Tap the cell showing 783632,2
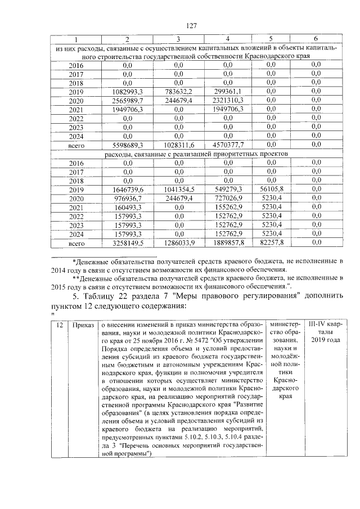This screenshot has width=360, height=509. [x=178, y=91]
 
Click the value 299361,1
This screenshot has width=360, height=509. [x=227, y=91]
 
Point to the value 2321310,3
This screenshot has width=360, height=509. [x=227, y=100]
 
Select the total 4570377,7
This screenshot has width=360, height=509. [x=227, y=145]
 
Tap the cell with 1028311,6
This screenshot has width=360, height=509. [x=178, y=145]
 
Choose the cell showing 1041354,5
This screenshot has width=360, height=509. [x=178, y=190]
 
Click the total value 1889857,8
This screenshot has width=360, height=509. [x=227, y=244]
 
